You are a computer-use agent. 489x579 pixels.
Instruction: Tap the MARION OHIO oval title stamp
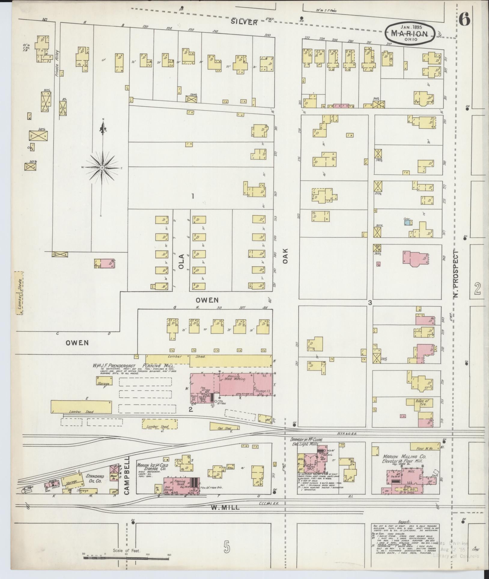coord(410,34)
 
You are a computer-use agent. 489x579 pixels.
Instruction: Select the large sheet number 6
coord(464,20)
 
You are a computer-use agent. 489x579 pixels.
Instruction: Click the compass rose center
coord(102,167)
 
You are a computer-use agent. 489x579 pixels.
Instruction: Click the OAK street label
coord(285,256)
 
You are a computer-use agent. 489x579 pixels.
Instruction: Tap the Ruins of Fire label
coord(421,403)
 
